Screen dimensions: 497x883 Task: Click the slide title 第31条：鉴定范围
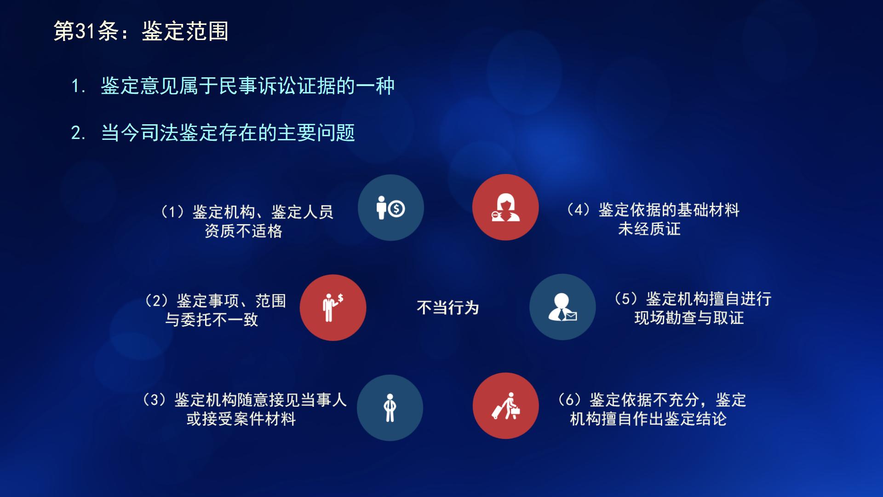(x=141, y=31)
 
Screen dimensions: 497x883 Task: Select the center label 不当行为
(x=447, y=307)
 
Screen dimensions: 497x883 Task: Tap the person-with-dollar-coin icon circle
(x=390, y=208)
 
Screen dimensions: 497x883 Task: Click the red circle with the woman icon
(x=505, y=208)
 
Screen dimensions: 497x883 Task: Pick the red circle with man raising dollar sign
(x=333, y=307)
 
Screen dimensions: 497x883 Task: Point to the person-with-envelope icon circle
(x=562, y=307)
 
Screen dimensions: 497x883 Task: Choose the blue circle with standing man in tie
(x=390, y=408)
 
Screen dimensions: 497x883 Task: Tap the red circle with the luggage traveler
(x=505, y=406)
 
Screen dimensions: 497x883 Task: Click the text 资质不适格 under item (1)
(x=243, y=231)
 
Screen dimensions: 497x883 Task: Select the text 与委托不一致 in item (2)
(x=212, y=319)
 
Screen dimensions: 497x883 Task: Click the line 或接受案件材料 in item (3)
(x=241, y=419)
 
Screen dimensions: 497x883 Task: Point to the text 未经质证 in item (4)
(x=649, y=229)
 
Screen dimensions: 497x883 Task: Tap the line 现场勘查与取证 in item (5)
(x=689, y=318)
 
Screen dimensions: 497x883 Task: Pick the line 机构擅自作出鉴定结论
(x=648, y=419)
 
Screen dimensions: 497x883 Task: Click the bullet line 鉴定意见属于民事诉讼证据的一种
(x=247, y=86)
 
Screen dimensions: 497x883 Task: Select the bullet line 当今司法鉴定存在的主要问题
(x=228, y=133)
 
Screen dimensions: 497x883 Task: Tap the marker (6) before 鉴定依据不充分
(x=569, y=399)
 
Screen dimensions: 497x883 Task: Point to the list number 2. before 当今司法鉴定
(x=78, y=133)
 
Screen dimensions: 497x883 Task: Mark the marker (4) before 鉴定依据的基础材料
(x=578, y=210)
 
